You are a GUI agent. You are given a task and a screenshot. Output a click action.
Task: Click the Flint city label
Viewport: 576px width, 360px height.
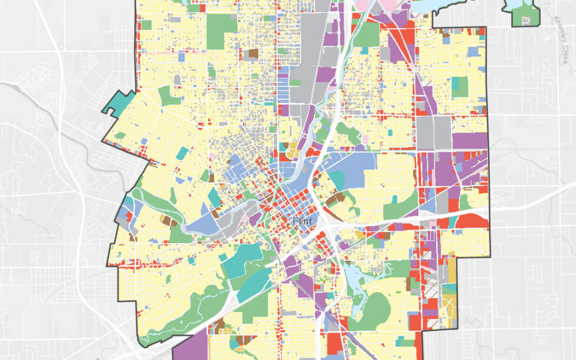(x=303, y=221)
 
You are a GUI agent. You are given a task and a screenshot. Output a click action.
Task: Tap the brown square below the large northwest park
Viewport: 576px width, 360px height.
(x=253, y=53)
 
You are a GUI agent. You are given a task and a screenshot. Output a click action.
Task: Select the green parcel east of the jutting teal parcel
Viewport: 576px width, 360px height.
(x=170, y=96)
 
